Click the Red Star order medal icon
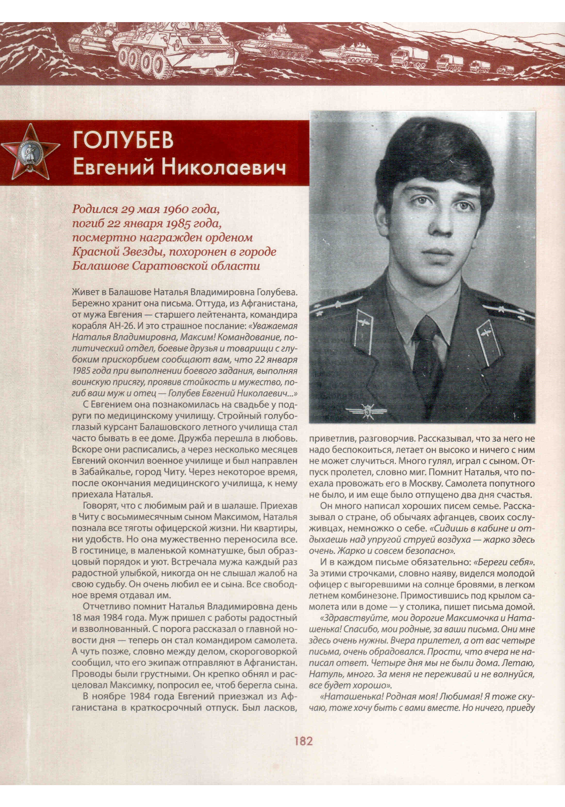[x=30, y=151]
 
